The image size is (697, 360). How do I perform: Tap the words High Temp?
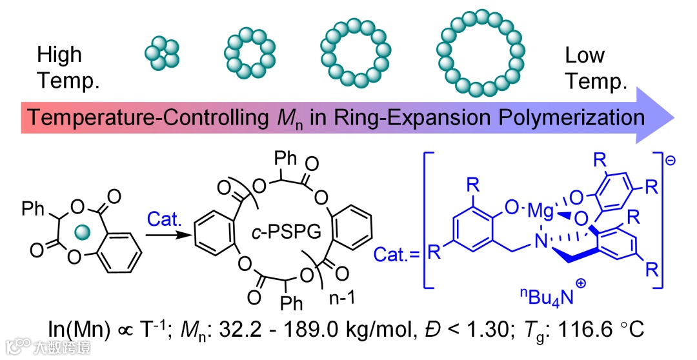pyautogui.click(x=59, y=67)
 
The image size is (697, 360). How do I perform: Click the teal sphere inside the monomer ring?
pyautogui.click(x=81, y=230)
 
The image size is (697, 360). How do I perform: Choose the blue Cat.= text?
pyautogui.click(x=398, y=254)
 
